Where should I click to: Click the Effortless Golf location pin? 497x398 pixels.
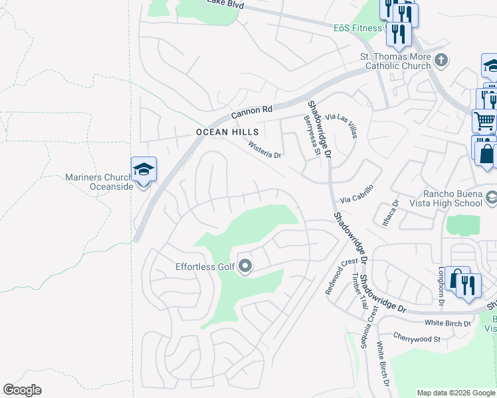(x=245, y=267)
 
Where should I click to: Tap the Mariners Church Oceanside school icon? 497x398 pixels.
(x=144, y=170)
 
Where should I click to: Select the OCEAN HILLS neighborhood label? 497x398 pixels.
(x=217, y=133)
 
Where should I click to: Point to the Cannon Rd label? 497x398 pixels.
(x=252, y=109)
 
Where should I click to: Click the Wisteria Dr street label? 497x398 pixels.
(x=265, y=150)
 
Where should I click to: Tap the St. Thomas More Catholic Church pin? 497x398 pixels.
(x=441, y=62)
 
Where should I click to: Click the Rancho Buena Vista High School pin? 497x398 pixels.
(x=491, y=198)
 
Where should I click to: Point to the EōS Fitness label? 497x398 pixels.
(x=358, y=28)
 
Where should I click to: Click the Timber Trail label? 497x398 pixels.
(x=359, y=291)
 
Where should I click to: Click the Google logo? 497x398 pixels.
(x=22, y=390)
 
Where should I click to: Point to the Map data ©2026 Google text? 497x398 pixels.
(x=456, y=393)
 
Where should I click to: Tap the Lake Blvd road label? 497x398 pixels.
(x=225, y=5)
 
